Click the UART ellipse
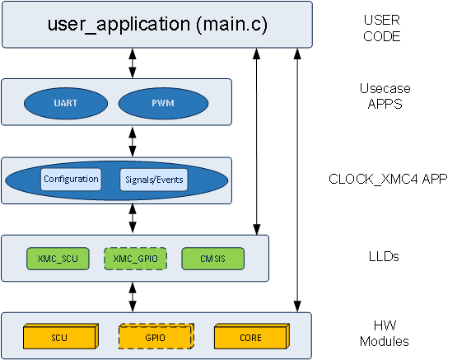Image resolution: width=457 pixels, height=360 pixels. (x=66, y=104)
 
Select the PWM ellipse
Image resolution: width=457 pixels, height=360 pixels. (x=163, y=104)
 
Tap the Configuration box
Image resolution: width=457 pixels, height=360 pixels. (x=71, y=180)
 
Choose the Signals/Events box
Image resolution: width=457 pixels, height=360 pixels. (x=154, y=180)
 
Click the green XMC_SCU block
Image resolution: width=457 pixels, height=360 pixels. (x=58, y=259)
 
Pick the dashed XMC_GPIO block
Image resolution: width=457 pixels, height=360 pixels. (x=136, y=259)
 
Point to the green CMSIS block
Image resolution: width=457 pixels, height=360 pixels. (x=212, y=259)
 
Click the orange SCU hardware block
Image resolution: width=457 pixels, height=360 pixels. (x=61, y=336)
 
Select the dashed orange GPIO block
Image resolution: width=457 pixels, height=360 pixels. (x=156, y=336)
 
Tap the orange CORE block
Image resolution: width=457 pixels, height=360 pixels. (x=252, y=336)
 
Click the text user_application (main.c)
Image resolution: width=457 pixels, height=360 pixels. (x=157, y=24)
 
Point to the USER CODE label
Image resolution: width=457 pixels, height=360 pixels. (x=382, y=28)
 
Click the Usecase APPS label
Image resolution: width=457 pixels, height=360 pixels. (x=385, y=96)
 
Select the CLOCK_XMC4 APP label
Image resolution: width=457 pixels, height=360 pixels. (x=388, y=179)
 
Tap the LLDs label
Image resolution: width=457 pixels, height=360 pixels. (x=384, y=256)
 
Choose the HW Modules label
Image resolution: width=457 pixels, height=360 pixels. (x=385, y=334)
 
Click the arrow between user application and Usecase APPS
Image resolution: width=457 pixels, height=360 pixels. (x=133, y=63)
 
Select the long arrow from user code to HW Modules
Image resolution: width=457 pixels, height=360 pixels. (x=297, y=180)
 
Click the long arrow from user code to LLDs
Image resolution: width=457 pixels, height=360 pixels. (x=256, y=142)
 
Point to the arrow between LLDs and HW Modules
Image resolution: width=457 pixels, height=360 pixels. (x=133, y=297)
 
